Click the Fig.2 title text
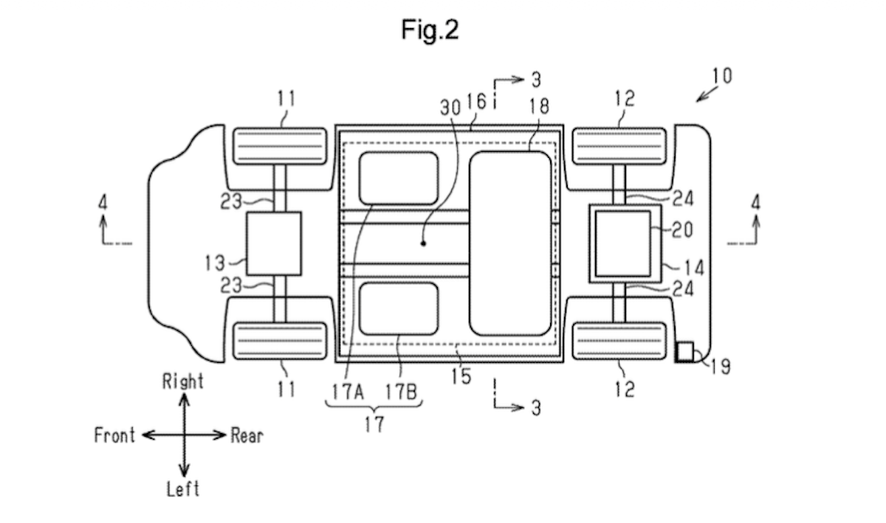click(x=430, y=30)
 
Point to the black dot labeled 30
click(x=423, y=243)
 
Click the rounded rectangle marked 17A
click(x=399, y=178)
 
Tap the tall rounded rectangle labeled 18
click(x=510, y=243)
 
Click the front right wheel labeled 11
click(x=280, y=145)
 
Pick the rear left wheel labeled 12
click(x=620, y=340)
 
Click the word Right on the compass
click(x=182, y=381)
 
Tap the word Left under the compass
click(x=183, y=488)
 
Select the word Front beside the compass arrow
click(x=114, y=435)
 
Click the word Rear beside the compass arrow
click(x=247, y=435)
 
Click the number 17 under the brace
click(x=374, y=426)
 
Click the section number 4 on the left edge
click(x=102, y=201)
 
